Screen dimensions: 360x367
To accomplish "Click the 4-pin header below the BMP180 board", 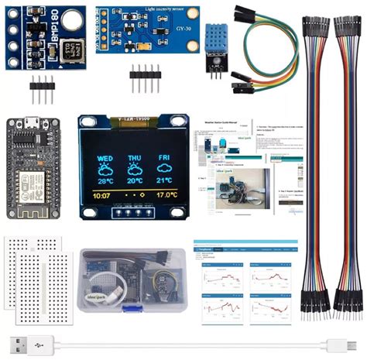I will [x=42, y=92].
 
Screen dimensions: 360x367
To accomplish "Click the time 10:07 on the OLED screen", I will [x=101, y=197].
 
